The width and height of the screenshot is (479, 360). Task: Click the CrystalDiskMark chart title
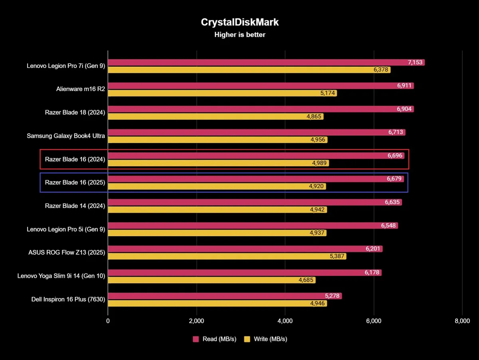(239, 22)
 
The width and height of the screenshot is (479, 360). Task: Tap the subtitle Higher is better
(239, 35)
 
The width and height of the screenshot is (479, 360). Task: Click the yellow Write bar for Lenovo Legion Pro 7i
(239, 70)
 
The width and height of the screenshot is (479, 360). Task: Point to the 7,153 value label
(416, 62)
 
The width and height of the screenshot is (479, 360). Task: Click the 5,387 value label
(337, 256)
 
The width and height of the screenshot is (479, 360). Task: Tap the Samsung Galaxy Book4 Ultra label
(66, 136)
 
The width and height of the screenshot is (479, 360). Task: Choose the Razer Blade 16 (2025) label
(75, 182)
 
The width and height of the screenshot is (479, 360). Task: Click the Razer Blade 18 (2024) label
(75, 113)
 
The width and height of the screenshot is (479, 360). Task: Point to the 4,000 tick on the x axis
(285, 321)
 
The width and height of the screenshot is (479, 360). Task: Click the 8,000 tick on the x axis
(462, 321)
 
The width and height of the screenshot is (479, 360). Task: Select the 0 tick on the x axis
(108, 321)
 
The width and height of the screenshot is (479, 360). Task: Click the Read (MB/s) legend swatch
(196, 339)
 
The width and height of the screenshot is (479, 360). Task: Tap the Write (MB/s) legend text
(270, 339)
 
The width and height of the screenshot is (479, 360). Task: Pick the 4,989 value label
(320, 163)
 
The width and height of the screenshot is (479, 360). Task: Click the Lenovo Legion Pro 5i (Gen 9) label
(66, 229)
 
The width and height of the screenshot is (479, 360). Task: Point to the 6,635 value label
(393, 202)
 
